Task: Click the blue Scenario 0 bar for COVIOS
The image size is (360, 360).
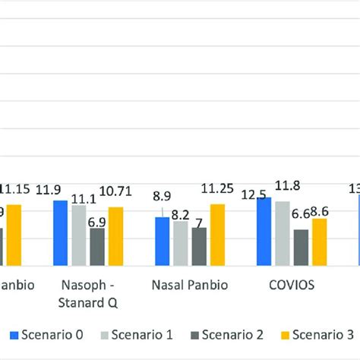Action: point(264,232)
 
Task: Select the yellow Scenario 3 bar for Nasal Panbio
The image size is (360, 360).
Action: point(217,235)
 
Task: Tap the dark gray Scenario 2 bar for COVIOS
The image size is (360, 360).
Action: point(301,248)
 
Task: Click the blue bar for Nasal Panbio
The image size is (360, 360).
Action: point(163,242)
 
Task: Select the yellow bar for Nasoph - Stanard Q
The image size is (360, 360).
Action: point(115,236)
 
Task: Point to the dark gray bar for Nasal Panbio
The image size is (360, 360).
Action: point(199,247)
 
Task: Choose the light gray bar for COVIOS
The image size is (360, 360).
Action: point(283,233)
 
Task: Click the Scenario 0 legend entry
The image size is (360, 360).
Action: point(41,333)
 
